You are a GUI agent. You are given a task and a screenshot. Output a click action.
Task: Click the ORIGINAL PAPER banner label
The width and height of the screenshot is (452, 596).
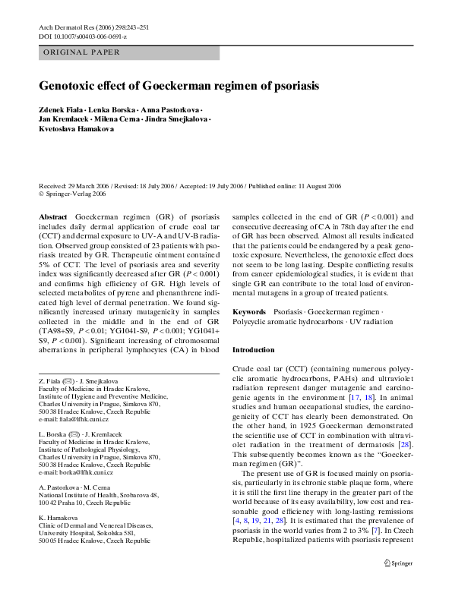click(76, 53)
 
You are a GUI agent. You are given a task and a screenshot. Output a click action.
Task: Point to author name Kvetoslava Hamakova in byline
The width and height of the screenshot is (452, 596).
click(76, 129)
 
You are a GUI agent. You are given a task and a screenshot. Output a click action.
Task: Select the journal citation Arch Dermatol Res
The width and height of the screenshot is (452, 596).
click(67, 27)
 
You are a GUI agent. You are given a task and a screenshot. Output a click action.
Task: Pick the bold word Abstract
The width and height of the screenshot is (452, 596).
click(52, 216)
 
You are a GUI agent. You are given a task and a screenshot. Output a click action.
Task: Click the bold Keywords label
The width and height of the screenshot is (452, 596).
click(248, 311)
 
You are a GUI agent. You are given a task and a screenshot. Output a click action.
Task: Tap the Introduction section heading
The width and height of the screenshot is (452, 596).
click(254, 350)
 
